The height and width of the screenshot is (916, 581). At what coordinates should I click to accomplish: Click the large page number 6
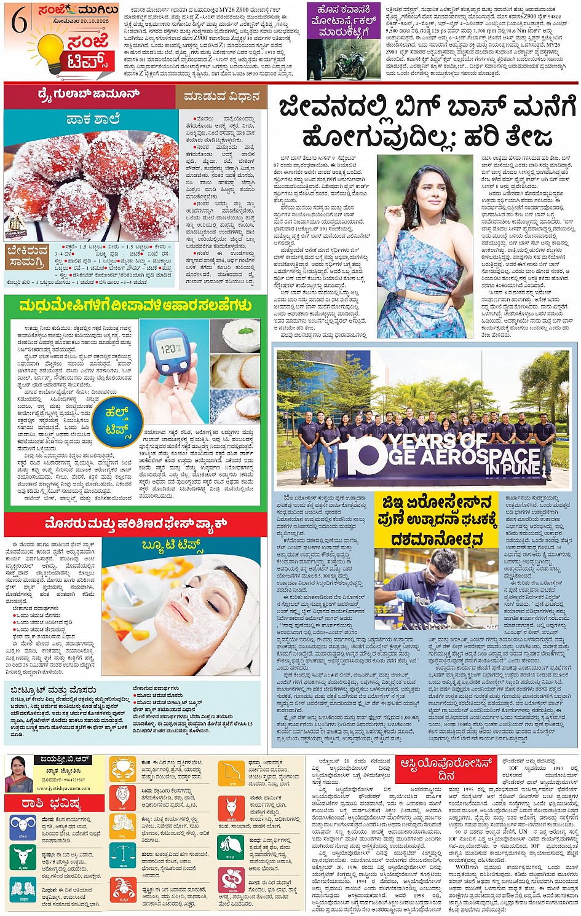19,22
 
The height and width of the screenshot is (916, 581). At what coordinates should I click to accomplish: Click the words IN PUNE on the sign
512,469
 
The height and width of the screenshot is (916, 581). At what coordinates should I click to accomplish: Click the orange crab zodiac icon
123,769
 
